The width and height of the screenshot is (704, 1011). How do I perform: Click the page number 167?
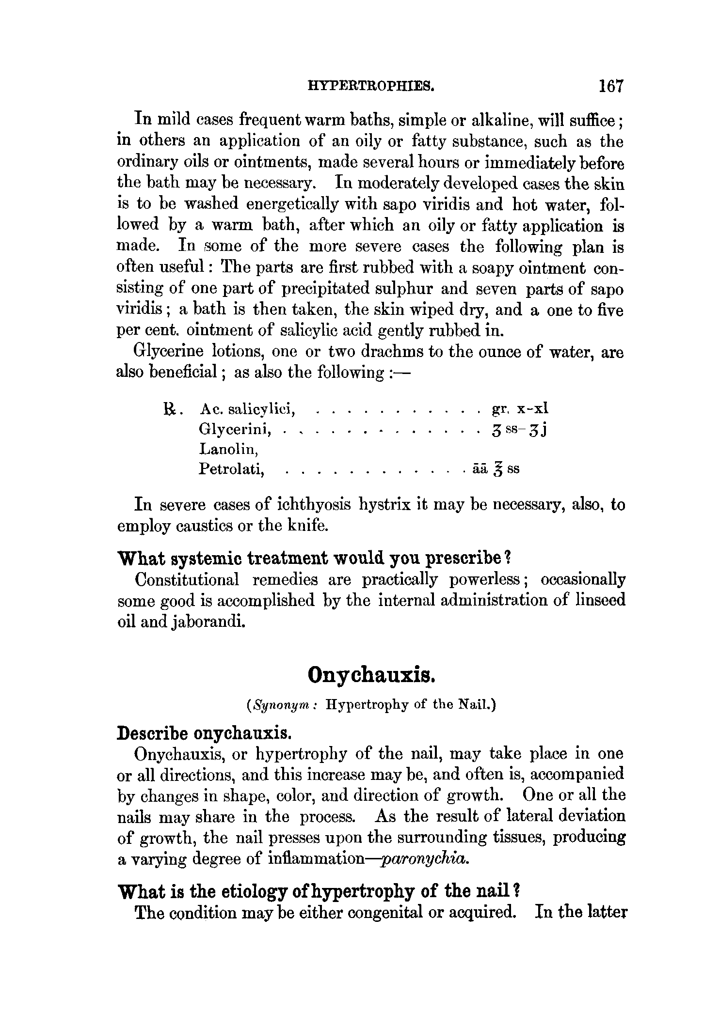[x=610, y=86]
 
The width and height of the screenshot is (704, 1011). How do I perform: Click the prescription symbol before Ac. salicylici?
[x=172, y=410]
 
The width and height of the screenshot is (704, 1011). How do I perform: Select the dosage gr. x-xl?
[x=520, y=409]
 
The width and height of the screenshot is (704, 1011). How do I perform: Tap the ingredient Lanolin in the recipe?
[x=228, y=450]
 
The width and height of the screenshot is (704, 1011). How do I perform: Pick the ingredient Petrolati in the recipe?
[x=231, y=469]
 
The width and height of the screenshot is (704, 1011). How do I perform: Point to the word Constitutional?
[x=187, y=580]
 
